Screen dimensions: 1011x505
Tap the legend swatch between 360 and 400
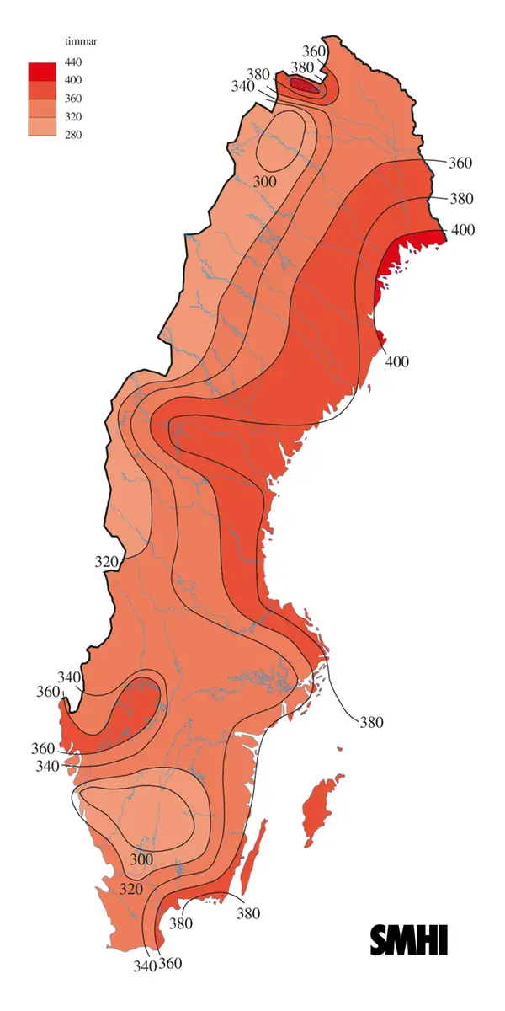tap(41, 89)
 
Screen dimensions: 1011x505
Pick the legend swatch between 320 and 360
tap(41, 107)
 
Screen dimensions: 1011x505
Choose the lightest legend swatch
tap(41, 126)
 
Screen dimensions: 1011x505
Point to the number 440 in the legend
tap(73, 62)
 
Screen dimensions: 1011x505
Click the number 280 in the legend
tap(73, 134)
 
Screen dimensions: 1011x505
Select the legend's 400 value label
tap(73, 80)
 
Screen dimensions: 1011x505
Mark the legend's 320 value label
tap(73, 116)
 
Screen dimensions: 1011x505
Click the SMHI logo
tap(409, 940)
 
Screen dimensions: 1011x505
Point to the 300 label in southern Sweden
tap(141, 860)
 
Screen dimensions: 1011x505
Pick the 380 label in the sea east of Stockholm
tap(371, 722)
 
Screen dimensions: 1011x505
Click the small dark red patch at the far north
tap(305, 85)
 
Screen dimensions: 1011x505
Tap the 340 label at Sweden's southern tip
tap(145, 966)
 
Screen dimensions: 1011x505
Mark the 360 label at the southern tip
tap(169, 963)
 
